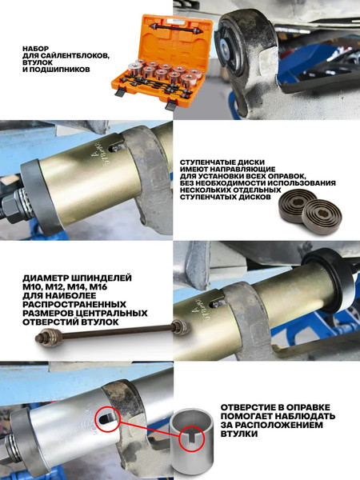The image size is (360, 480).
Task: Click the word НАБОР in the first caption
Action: [x=39, y=48]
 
